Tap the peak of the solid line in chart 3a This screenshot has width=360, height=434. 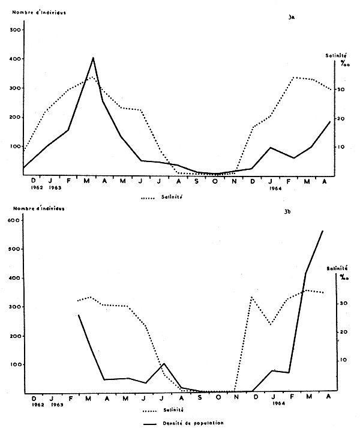[93, 58]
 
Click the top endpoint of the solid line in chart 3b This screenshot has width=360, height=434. [323, 231]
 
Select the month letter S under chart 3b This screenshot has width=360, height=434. [183, 397]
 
